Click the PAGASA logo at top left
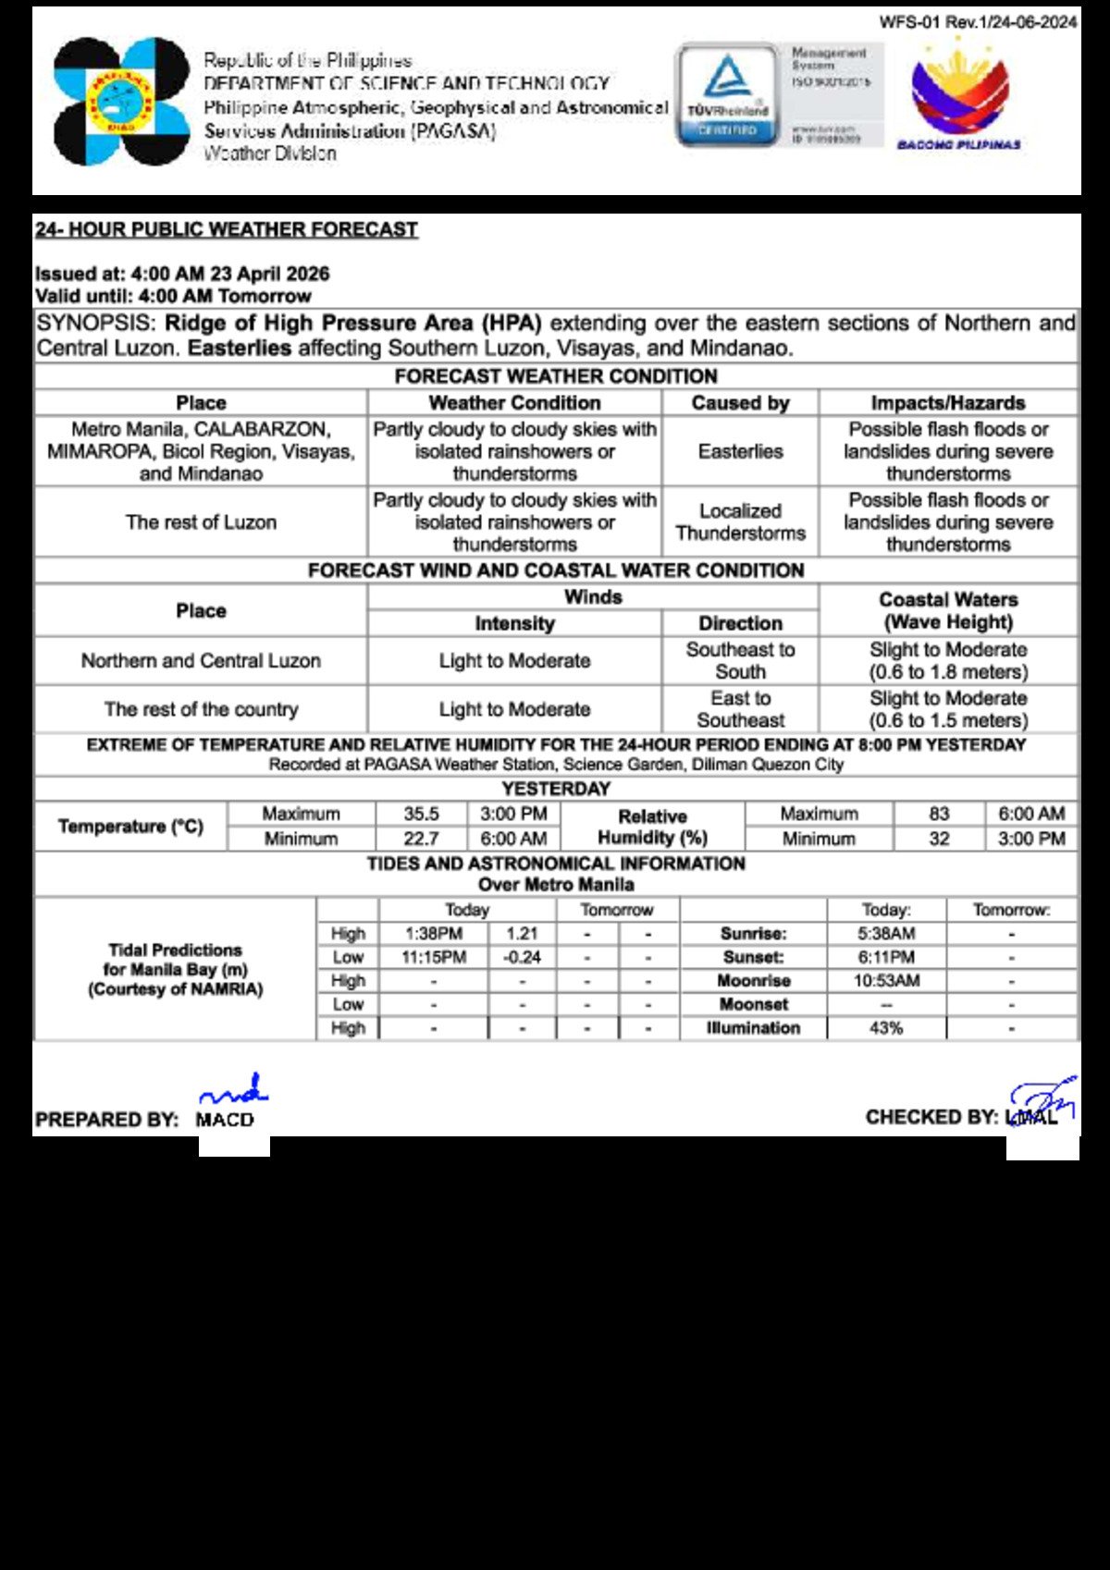(x=121, y=102)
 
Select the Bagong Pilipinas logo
(x=959, y=96)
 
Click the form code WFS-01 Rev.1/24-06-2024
(x=978, y=22)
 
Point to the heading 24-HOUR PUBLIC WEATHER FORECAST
(x=227, y=229)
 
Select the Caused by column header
(x=740, y=403)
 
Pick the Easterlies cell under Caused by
(x=740, y=451)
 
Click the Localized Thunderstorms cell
(x=740, y=522)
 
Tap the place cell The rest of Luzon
(x=201, y=522)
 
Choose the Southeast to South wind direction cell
(x=740, y=661)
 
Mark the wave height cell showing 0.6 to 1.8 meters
(x=948, y=661)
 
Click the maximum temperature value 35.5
(x=421, y=814)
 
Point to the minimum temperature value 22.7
(x=421, y=839)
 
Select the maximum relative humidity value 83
(x=939, y=814)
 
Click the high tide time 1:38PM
(x=433, y=934)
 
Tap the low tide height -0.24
(x=522, y=958)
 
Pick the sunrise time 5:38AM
(x=885, y=934)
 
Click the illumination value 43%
(x=885, y=1028)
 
